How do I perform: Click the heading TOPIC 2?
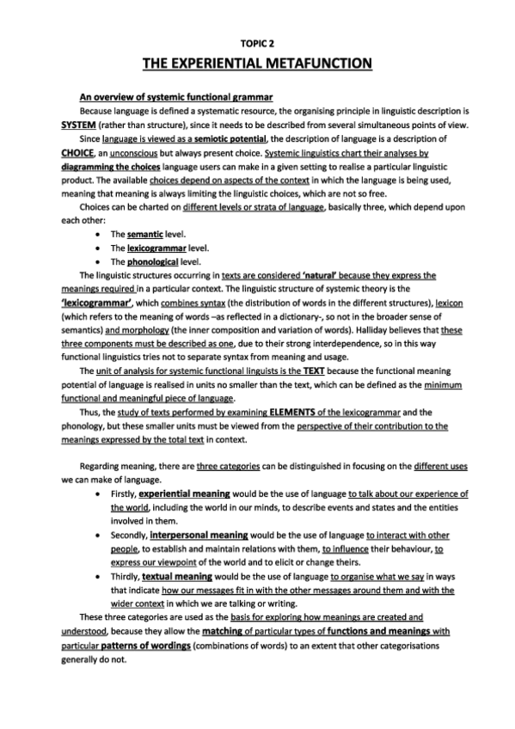click(257, 42)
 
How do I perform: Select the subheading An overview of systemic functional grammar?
click(176, 96)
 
